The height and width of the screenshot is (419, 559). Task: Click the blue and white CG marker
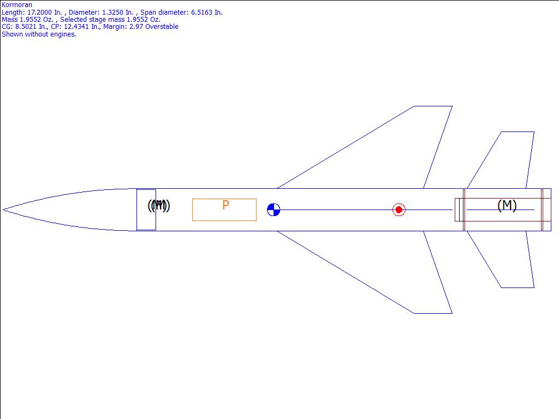[x=273, y=209]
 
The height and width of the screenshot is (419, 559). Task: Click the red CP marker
[x=399, y=209]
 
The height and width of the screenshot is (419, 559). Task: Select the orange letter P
[x=225, y=205]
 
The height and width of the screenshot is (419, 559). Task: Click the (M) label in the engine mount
[x=507, y=205]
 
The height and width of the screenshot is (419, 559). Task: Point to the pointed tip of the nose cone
[x=3, y=209]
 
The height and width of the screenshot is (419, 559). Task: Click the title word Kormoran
[x=17, y=4]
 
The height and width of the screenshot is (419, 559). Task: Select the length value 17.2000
[x=40, y=12]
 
